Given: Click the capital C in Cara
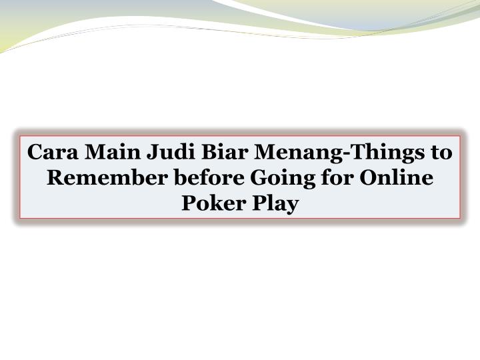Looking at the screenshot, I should pyautogui.click(x=34, y=153).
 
